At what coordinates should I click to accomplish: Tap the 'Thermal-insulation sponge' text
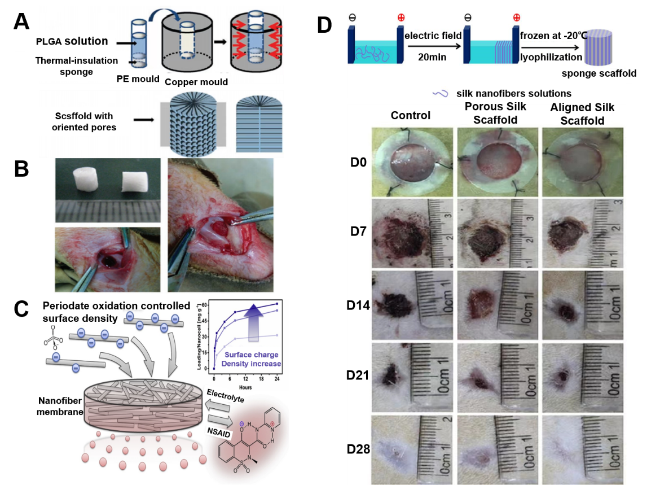click(77, 65)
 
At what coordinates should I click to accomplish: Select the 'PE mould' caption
click(138, 79)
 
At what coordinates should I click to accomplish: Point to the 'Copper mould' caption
click(196, 82)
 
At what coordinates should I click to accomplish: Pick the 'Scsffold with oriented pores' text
click(83, 122)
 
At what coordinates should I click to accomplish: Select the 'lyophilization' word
click(552, 57)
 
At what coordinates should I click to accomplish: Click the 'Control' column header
click(411, 115)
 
